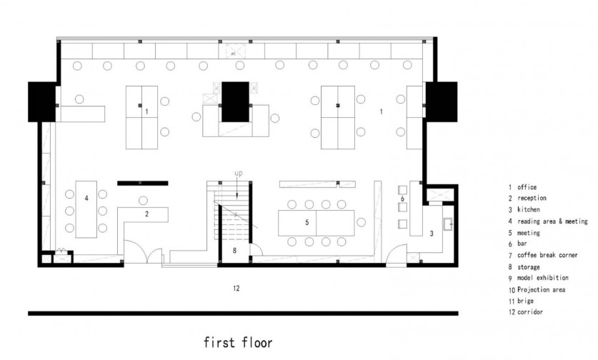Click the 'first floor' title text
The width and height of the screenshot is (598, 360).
[x=238, y=342]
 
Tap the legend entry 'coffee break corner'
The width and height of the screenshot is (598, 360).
[x=547, y=255]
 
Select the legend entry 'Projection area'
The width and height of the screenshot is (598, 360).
[x=541, y=290]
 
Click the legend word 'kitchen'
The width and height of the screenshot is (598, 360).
[x=529, y=209]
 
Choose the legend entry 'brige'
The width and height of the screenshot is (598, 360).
[x=525, y=301]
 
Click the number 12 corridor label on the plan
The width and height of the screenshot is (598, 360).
[x=236, y=289]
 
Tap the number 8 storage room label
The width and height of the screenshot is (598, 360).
[x=234, y=251]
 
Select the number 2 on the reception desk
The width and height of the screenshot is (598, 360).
[x=147, y=214]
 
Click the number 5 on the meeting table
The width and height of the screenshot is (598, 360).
[x=307, y=222]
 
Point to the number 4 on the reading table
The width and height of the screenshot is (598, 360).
[x=86, y=198]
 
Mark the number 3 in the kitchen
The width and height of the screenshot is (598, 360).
[x=432, y=234]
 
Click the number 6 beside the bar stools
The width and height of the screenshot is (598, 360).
[x=402, y=199]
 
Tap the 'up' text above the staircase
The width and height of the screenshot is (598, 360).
[x=239, y=174]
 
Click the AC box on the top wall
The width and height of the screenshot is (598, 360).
[x=232, y=51]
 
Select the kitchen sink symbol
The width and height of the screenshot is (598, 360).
[x=448, y=224]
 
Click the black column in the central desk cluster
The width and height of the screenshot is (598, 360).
[x=235, y=102]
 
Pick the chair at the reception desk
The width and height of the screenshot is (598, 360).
[x=143, y=200]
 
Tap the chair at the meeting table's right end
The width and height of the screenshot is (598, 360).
[x=362, y=222]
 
